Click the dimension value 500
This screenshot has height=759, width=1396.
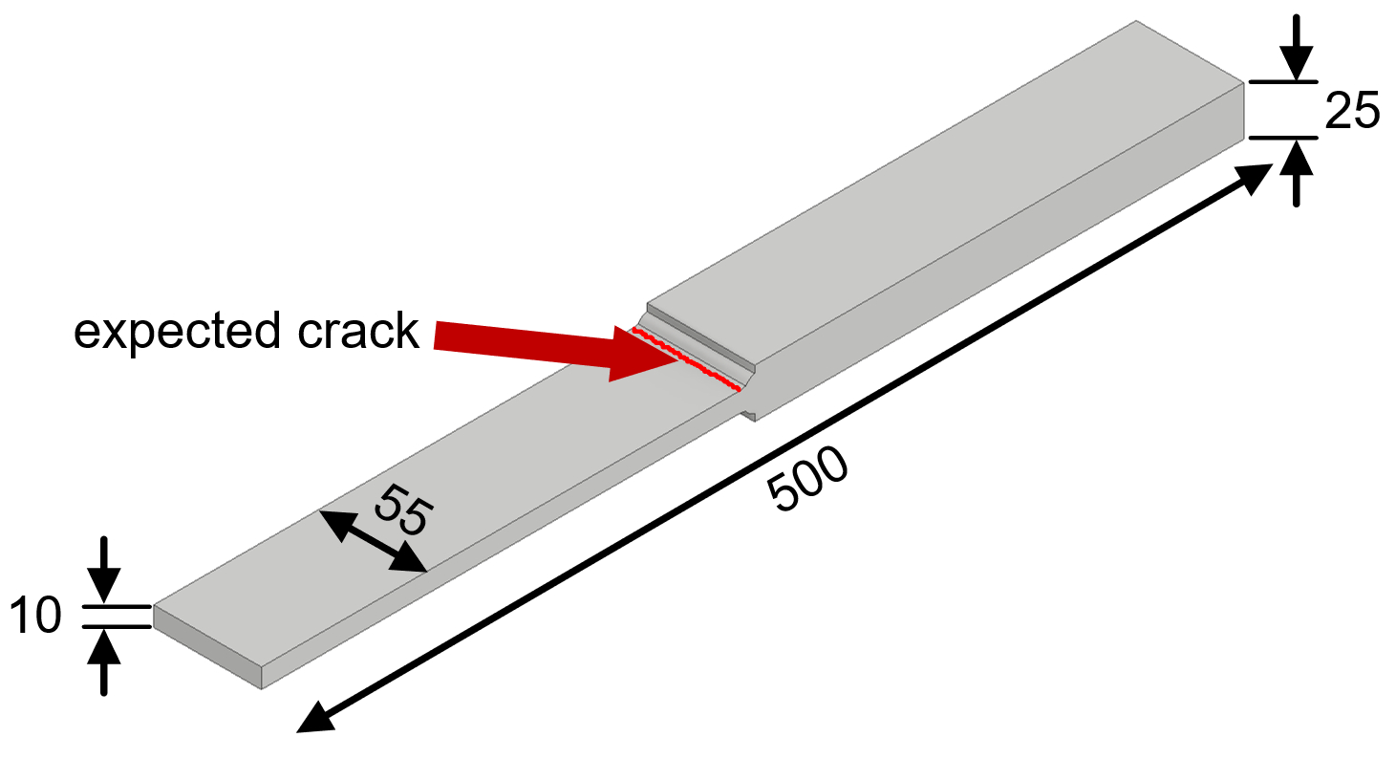808,480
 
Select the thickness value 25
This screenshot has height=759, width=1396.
1351,113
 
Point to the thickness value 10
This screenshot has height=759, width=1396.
35,617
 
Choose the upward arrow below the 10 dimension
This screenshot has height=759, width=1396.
105,660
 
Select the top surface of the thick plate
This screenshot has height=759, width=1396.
946,191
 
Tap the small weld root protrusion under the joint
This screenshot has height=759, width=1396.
748,414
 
